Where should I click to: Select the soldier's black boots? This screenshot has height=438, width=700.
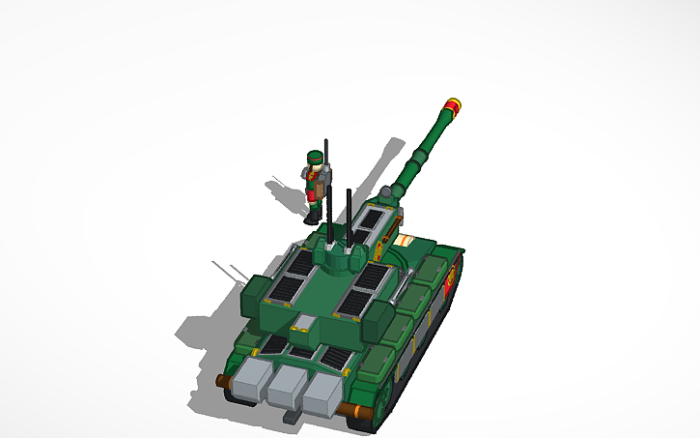[311, 217]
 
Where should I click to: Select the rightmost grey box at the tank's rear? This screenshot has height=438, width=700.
[322, 390]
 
